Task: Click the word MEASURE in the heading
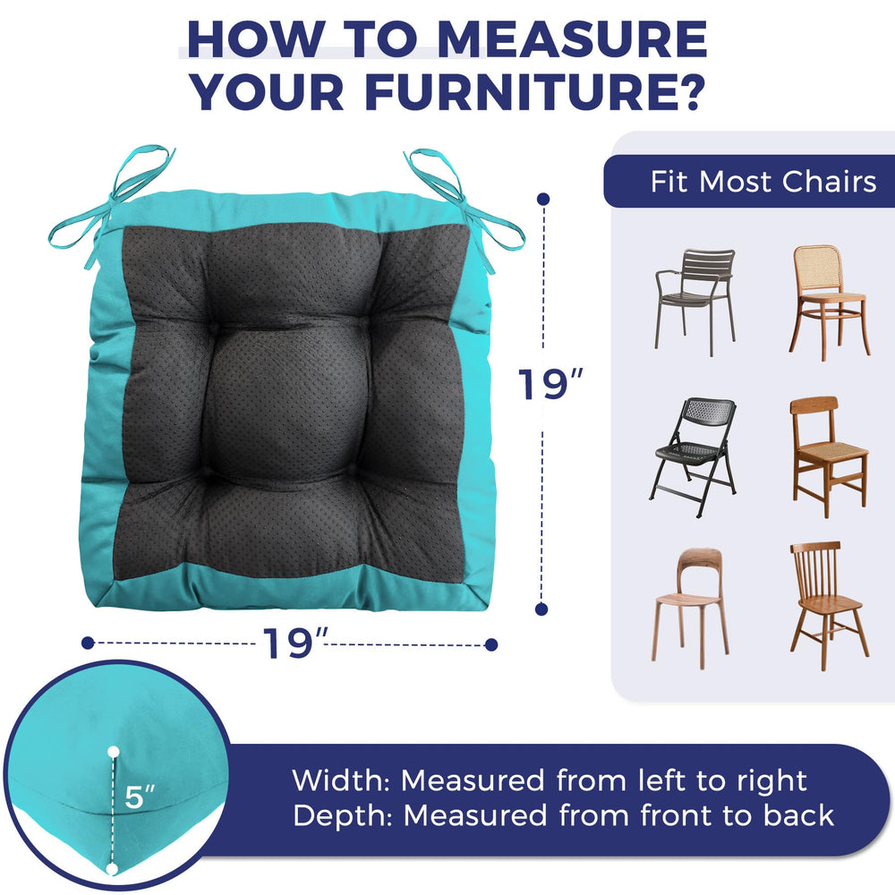[x=572, y=39]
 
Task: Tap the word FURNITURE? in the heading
[x=534, y=91]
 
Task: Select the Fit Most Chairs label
[x=763, y=182]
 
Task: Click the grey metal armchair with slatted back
[x=695, y=302]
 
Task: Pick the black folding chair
[x=693, y=457]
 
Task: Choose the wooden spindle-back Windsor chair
[x=829, y=605]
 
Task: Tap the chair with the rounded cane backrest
[x=830, y=303]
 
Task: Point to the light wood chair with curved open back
[x=690, y=608]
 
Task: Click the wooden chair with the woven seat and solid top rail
[x=829, y=456]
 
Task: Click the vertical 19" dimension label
[x=550, y=384]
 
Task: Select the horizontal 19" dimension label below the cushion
[x=294, y=643]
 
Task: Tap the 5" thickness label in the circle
[x=140, y=797]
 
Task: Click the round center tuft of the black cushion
[x=287, y=404]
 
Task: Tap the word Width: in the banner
[x=341, y=780]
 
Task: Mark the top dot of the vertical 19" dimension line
[x=543, y=200]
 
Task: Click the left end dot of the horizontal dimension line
[x=88, y=644]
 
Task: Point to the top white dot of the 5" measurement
[x=114, y=752]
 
